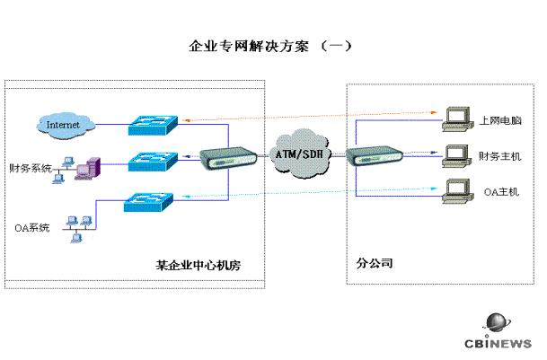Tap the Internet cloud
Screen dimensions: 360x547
62,124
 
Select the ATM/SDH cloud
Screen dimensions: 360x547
300,154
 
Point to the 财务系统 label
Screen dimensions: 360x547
30,168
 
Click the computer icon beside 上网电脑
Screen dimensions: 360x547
459,116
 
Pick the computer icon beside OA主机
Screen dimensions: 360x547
459,191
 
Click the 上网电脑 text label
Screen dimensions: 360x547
500,120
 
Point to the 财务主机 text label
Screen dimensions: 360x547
500,157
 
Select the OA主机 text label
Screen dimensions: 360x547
501,191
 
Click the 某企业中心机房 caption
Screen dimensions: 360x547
197,266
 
